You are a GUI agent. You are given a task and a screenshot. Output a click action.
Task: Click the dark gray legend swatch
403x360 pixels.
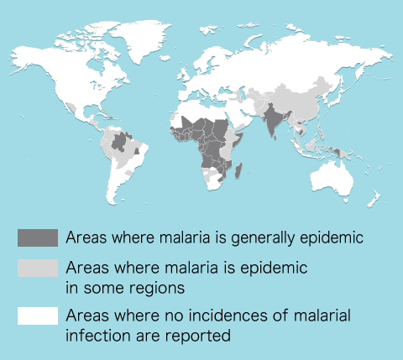pos(38,237)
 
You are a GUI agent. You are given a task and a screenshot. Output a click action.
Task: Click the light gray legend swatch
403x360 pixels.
pos(38,268)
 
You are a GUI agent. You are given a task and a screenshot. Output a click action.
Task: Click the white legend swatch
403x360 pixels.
pos(38,316)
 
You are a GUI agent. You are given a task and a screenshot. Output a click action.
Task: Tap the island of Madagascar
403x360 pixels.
pos(238,170)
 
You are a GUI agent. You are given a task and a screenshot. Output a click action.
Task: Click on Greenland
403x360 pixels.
pos(140,39)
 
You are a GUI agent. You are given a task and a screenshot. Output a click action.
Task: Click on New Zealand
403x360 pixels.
pos(374,199)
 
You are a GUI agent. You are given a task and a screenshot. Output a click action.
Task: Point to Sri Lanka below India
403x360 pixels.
pos(275,138)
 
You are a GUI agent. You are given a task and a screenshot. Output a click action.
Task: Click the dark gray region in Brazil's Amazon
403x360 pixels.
pos(120,142)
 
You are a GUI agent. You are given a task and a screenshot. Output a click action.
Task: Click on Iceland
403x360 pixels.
pos(165,58)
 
